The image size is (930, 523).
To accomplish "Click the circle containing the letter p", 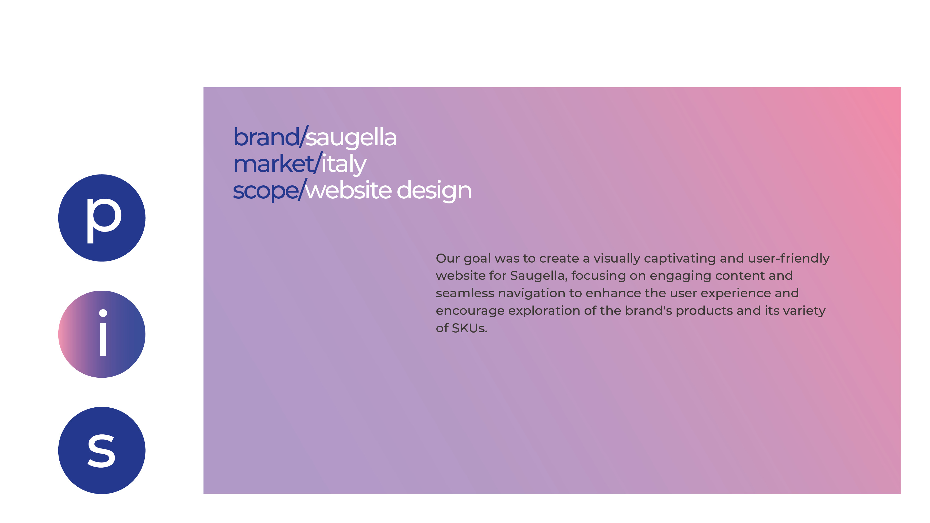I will (102, 218).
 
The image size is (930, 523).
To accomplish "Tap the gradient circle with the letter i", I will (102, 334).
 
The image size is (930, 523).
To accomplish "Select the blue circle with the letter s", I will (102, 450).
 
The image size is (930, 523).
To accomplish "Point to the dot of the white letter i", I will (103, 313).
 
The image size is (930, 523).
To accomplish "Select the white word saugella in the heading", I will (351, 138).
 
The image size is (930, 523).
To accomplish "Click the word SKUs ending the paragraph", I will (469, 328).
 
